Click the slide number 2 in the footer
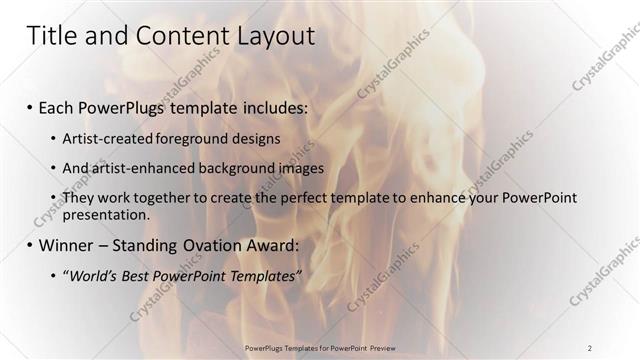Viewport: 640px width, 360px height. point(589,347)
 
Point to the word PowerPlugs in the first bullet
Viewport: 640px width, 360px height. point(131,107)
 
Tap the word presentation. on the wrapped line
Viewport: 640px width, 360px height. point(106,214)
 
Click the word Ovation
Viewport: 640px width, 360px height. point(201,245)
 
